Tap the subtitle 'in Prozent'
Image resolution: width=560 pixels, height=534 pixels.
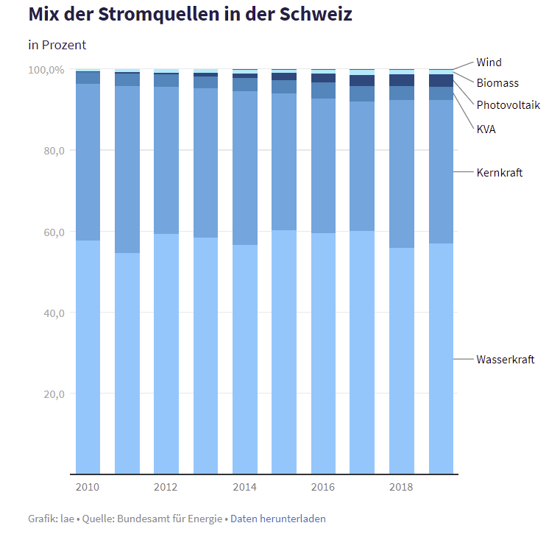pyautogui.click(x=57, y=45)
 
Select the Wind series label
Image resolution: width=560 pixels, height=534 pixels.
pyautogui.click(x=489, y=63)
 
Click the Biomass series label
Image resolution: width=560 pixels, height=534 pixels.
pyautogui.click(x=497, y=83)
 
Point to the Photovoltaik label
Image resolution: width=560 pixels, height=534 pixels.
pyautogui.click(x=508, y=104)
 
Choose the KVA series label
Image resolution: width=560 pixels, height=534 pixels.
pyautogui.click(x=486, y=129)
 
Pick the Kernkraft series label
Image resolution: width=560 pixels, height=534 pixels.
pyautogui.click(x=499, y=172)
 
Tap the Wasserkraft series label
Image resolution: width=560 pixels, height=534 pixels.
pyautogui.click(x=505, y=359)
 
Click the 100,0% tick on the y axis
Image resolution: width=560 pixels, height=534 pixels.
pyautogui.click(x=46, y=70)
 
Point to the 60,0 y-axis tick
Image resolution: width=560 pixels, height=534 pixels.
pyautogui.click(x=51, y=232)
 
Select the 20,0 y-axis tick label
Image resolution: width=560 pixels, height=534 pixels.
pyautogui.click(x=51, y=394)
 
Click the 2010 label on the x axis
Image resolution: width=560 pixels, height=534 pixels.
pyautogui.click(x=88, y=487)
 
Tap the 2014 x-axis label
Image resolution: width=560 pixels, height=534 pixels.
pyautogui.click(x=244, y=487)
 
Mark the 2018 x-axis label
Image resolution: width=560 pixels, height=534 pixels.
pyautogui.click(x=401, y=487)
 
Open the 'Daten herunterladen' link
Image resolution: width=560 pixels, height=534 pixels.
pyautogui.click(x=278, y=519)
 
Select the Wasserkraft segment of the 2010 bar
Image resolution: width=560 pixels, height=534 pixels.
pyautogui.click(x=88, y=357)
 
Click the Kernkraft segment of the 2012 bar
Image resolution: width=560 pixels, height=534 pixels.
pyautogui.click(x=166, y=160)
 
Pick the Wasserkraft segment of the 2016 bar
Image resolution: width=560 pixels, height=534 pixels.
pyautogui.click(x=323, y=353)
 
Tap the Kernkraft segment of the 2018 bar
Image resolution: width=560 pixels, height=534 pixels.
pyautogui.click(x=401, y=174)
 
